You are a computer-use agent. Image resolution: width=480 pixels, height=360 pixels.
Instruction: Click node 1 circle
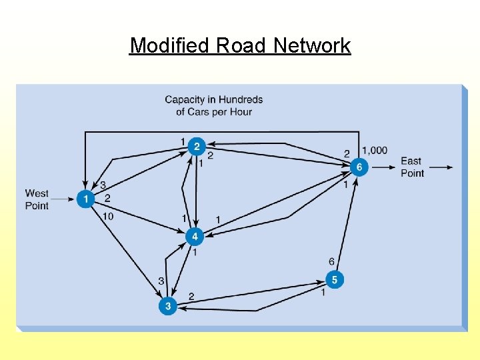[85, 199]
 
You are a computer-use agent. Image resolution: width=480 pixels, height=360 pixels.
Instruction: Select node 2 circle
[196, 146]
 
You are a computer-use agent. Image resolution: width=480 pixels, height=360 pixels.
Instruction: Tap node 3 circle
[168, 306]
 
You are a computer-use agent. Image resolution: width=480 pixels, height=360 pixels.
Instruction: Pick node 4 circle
[195, 237]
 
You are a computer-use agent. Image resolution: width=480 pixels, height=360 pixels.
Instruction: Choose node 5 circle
[334, 279]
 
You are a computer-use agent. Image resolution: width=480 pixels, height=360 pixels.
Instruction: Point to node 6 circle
[359, 167]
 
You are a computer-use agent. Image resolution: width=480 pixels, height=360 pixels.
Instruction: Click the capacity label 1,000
[374, 151]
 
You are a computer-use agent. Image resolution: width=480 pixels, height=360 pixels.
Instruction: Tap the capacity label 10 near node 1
[108, 216]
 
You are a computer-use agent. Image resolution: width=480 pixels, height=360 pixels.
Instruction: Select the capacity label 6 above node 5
[331, 262]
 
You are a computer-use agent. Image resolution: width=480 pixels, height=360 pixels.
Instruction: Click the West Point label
[37, 199]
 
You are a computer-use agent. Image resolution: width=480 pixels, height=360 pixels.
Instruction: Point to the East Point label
[412, 167]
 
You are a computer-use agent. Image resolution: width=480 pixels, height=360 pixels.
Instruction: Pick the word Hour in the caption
[241, 111]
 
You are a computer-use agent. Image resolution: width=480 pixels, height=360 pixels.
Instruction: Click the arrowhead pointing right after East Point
[449, 167]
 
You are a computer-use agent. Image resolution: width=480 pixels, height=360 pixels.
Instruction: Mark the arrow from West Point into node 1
[64, 199]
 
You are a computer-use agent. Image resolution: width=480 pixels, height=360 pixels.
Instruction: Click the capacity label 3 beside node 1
[103, 185]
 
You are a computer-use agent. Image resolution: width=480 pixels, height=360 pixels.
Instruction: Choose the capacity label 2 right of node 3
[191, 295]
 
